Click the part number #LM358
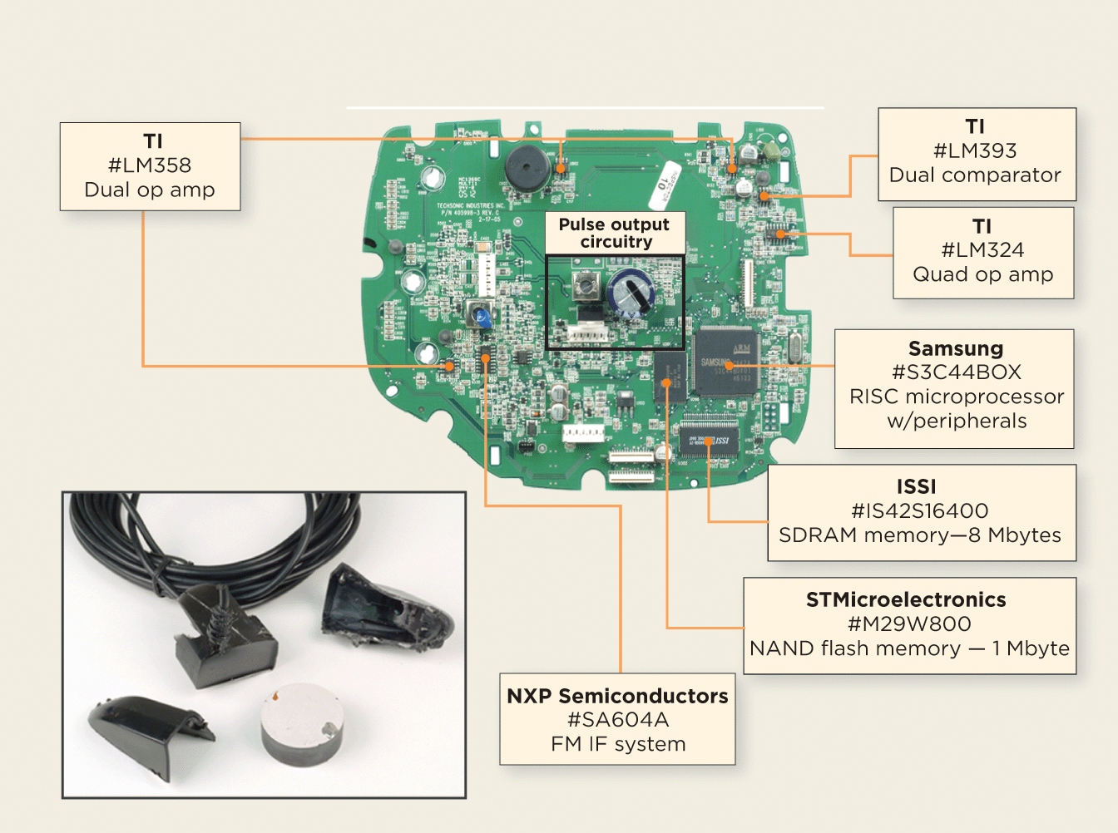click(150, 165)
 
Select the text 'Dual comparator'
click(975, 175)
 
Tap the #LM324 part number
click(982, 250)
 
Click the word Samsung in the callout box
click(955, 348)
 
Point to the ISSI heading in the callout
click(916, 486)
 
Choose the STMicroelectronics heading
click(906, 599)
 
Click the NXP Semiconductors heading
click(617, 696)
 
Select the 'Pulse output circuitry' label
click(615, 233)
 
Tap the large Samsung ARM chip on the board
click(725, 361)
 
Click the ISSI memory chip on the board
click(709, 440)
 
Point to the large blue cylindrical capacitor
click(631, 293)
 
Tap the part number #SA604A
click(617, 720)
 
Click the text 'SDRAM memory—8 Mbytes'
click(920, 535)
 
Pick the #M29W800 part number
click(909, 624)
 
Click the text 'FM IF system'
click(617, 744)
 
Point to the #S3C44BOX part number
click(956, 372)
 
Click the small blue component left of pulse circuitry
click(482, 314)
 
